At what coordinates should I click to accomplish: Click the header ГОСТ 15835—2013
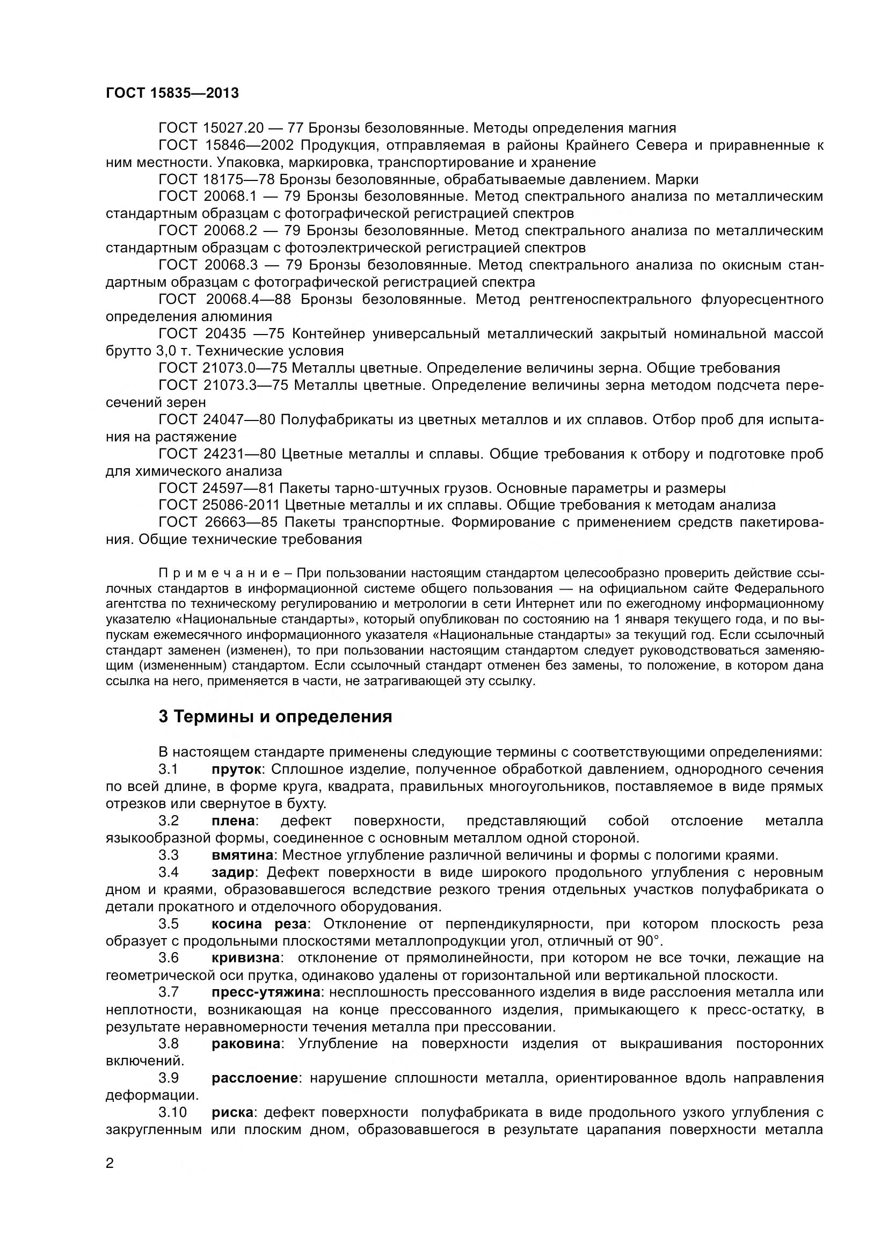(172, 93)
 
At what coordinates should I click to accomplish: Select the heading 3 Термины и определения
(275, 717)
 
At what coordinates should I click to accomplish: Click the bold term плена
(234, 821)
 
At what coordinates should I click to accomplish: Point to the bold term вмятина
(242, 855)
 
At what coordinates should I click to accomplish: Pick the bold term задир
(233, 873)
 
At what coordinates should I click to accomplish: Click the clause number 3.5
(169, 924)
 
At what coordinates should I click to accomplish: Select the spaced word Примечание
(220, 573)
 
